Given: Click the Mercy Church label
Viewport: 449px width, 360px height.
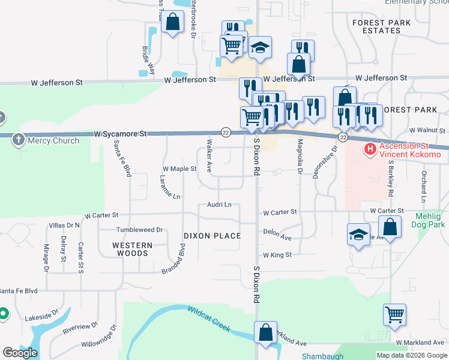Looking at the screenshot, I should (53, 140).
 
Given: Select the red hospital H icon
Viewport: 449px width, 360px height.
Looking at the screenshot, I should (370, 148).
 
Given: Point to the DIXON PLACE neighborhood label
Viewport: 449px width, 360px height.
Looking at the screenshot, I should (212, 236).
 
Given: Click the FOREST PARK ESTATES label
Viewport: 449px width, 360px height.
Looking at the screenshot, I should (382, 26).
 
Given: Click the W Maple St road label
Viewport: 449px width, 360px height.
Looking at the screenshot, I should (179, 169).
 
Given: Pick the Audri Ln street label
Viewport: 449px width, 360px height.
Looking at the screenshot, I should (219, 205).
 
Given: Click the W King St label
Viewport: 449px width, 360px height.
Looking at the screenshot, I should (277, 255).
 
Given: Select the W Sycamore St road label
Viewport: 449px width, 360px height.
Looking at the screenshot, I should (121, 134).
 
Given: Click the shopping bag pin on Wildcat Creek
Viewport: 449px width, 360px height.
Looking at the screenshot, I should (265, 332).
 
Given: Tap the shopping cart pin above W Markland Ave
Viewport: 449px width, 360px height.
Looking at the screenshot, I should (394, 314).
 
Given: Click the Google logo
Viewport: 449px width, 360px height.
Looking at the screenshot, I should (20, 353).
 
